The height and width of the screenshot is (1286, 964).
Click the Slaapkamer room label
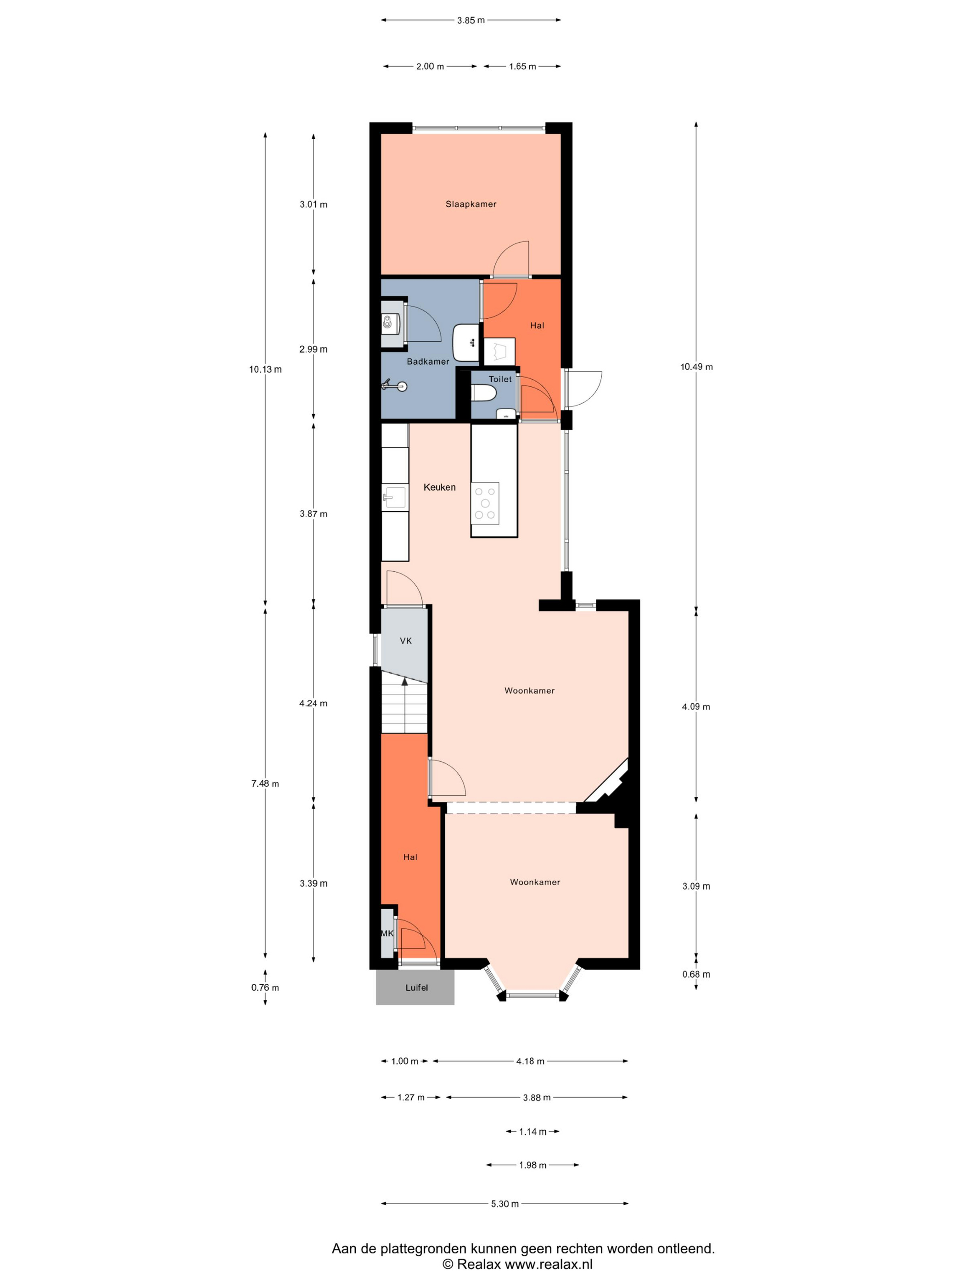(x=471, y=204)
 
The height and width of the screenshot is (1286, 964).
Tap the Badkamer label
(x=428, y=361)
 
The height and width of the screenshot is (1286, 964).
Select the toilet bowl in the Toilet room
(x=483, y=394)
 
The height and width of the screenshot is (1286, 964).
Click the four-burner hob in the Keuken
(x=485, y=503)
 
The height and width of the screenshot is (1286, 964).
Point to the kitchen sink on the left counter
(x=394, y=498)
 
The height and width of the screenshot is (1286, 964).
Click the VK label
(x=406, y=641)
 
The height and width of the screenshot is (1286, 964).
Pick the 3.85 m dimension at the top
(x=471, y=20)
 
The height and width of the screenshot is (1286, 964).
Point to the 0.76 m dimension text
(x=265, y=987)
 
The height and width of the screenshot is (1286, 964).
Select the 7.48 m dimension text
(x=265, y=784)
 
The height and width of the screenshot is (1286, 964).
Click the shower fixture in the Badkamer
(x=394, y=385)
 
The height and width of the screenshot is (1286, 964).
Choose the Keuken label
(x=439, y=487)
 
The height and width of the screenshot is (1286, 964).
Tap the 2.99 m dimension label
(x=313, y=350)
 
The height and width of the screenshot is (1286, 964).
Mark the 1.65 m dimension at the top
(x=522, y=66)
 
